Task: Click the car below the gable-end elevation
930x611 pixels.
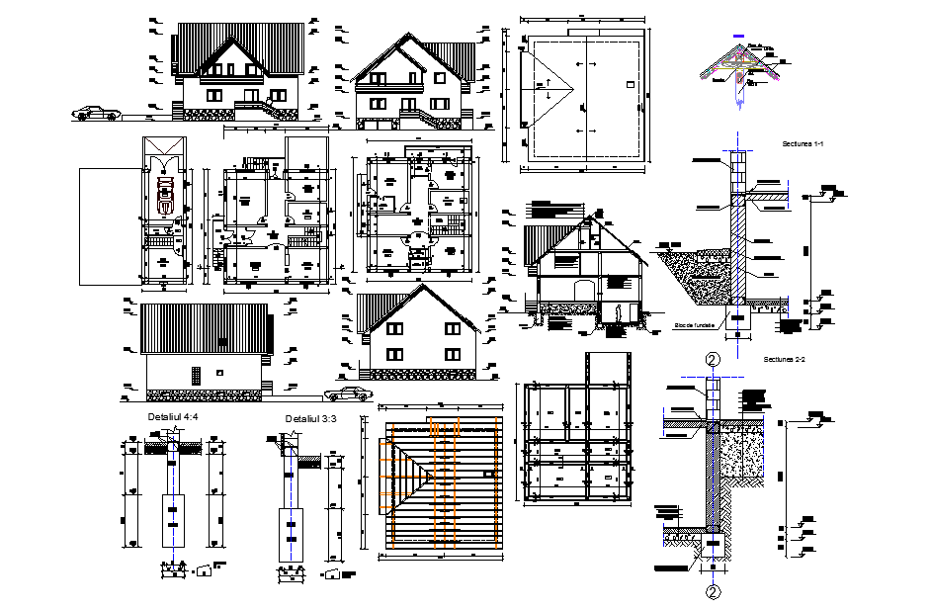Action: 349,394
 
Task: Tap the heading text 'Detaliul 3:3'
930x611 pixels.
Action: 310,419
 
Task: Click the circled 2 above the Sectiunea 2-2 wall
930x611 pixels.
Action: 712,360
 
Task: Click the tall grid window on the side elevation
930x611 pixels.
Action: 196,376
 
